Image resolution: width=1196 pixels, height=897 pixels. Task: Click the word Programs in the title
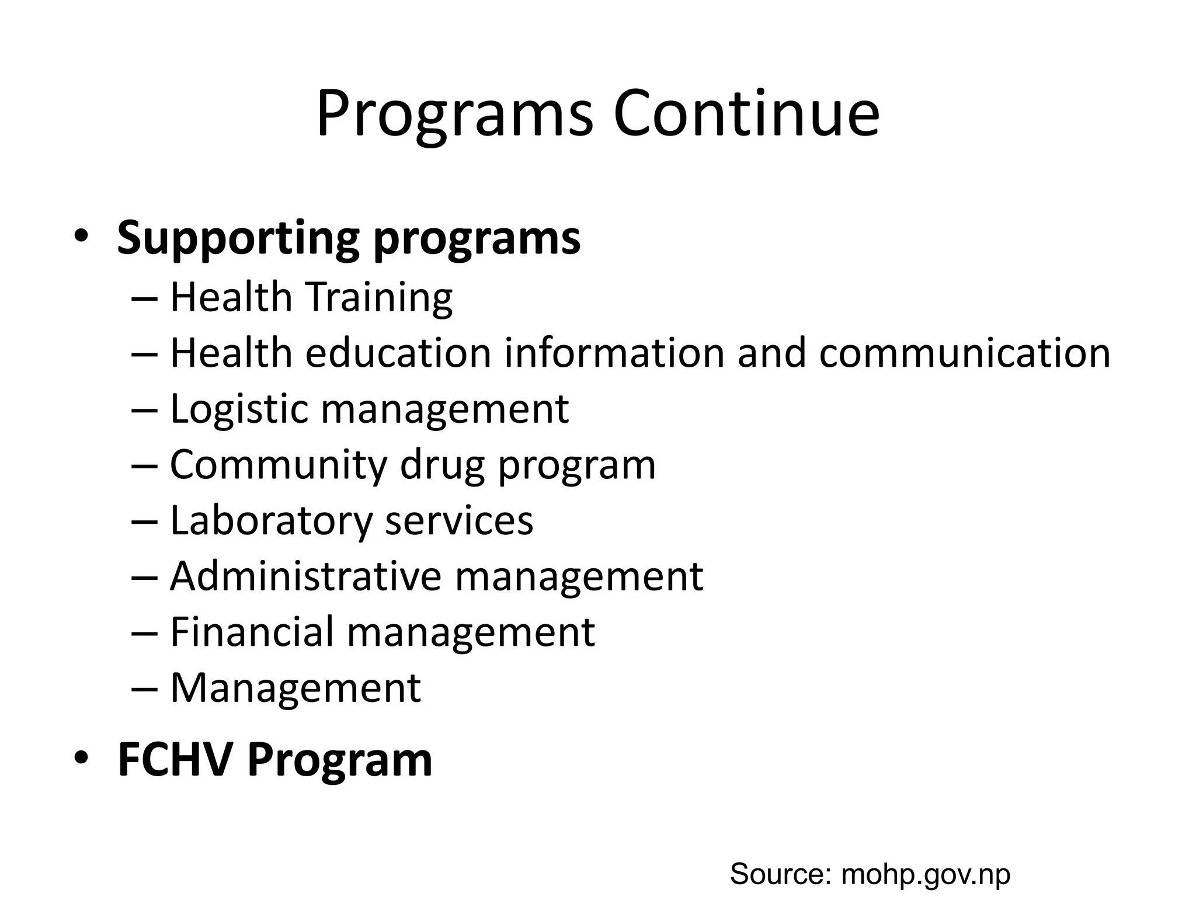[454, 114]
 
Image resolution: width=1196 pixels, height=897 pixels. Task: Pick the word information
[614, 353]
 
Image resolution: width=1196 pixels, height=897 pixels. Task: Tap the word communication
[964, 353]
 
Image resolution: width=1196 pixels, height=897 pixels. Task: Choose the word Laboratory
[271, 521]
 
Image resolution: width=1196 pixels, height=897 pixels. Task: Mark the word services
[459, 521]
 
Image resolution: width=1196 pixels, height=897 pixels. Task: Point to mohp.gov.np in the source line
[926, 875]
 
